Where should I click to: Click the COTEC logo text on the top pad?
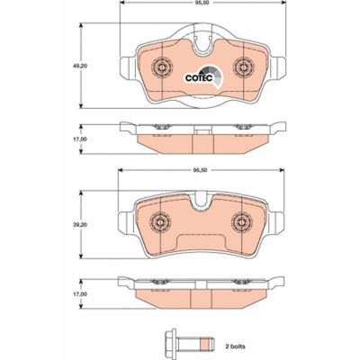click(197, 76)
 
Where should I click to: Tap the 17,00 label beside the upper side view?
click(80, 140)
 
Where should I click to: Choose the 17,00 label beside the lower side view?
click(80, 294)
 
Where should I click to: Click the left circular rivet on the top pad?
click(162, 67)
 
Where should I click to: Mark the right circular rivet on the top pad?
click(240, 67)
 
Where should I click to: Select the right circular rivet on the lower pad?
click(240, 220)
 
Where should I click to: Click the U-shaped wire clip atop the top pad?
click(201, 41)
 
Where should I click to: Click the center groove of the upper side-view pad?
click(201, 134)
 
